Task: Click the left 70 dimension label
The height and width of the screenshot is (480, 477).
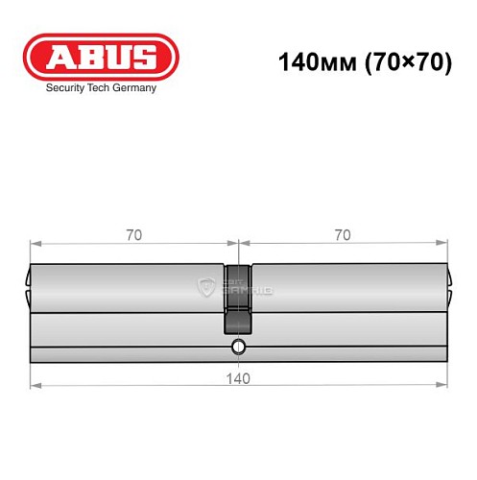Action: pos(134,234)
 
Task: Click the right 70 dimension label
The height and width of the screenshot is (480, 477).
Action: pos(343,234)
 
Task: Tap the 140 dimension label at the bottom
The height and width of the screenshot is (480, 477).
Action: pos(238,377)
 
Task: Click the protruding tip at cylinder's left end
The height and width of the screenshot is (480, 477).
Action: pos(27,280)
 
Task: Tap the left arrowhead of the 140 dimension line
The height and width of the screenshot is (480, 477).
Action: pos(35,385)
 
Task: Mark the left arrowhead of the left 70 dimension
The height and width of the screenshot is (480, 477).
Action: pos(35,242)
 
